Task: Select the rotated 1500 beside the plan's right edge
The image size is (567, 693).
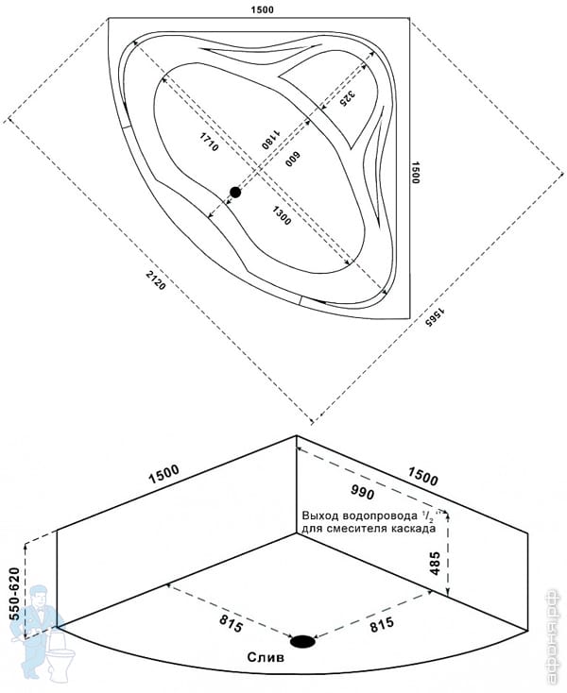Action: click(x=417, y=172)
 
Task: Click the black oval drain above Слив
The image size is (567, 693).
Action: click(x=303, y=642)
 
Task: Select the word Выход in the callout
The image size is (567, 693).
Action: click(x=320, y=516)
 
